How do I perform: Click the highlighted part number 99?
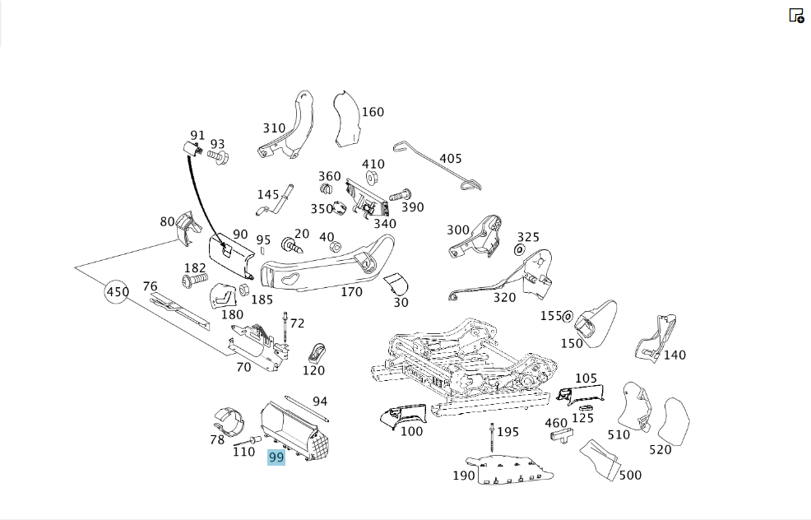click(276, 457)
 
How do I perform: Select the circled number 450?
click(118, 292)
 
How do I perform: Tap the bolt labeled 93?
click(218, 156)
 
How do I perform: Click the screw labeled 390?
click(399, 196)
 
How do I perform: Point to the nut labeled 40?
click(335, 246)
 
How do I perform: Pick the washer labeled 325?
click(519, 250)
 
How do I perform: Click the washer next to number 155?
click(568, 316)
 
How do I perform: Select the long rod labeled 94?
click(307, 409)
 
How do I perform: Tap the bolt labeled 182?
click(194, 281)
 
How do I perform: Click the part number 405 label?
click(451, 158)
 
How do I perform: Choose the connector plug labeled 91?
click(192, 149)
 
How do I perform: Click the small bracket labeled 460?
click(561, 434)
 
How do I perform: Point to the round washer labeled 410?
click(371, 179)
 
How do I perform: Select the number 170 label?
click(352, 292)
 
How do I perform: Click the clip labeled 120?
click(317, 352)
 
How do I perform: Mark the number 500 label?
click(630, 475)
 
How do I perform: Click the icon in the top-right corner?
click(796, 16)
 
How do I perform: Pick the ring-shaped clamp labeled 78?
click(229, 421)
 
